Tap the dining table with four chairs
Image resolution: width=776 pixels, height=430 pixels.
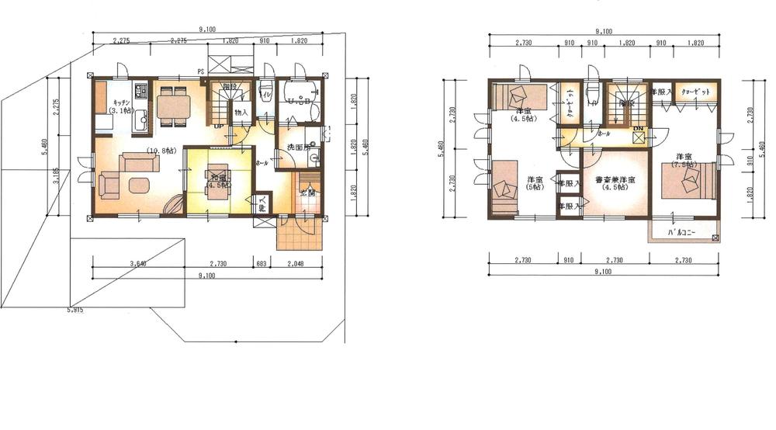click(x=173, y=104)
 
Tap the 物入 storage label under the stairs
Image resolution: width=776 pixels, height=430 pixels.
click(x=241, y=113)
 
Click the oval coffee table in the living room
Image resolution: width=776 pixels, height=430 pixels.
click(x=140, y=185)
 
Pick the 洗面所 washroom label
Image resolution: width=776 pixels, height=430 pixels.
click(x=296, y=147)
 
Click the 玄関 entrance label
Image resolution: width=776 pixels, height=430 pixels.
click(x=307, y=192)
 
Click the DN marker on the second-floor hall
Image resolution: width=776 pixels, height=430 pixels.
click(x=638, y=128)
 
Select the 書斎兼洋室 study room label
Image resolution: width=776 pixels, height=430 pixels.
click(x=615, y=182)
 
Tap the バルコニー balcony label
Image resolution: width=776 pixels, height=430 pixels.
click(x=684, y=232)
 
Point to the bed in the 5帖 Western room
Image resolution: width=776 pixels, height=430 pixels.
click(x=504, y=186)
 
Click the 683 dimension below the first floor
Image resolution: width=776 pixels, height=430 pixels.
click(x=261, y=265)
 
